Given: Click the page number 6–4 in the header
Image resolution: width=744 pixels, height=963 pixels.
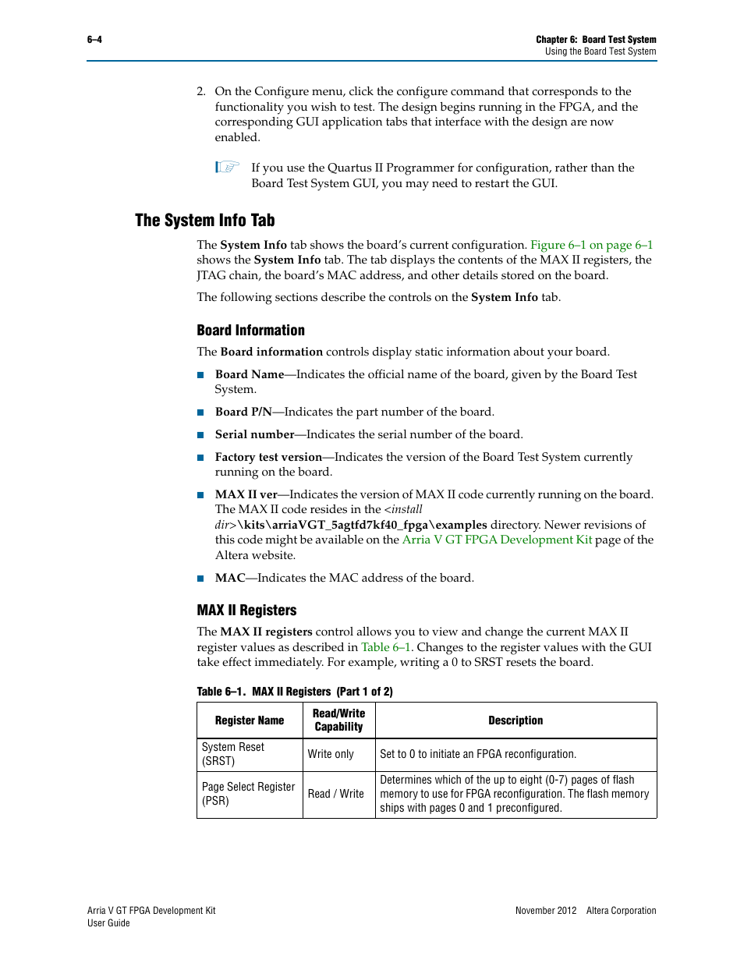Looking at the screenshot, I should click(x=94, y=40).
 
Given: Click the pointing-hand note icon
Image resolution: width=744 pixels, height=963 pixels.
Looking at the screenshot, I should click(x=227, y=167).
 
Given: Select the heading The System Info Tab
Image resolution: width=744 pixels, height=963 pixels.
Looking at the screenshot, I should click(x=204, y=221).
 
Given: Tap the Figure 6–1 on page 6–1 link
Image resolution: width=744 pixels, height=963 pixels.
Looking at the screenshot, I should click(x=591, y=245).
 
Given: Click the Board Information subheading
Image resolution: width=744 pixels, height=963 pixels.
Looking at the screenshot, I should click(x=250, y=331).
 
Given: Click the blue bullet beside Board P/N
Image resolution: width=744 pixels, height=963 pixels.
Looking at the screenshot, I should click(x=200, y=412).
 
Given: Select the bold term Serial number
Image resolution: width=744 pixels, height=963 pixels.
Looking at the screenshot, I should click(x=254, y=434).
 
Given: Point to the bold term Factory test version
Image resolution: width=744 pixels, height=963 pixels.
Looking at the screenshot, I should click(x=268, y=457).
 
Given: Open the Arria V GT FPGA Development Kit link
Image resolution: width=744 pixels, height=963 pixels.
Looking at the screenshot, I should click(x=497, y=540).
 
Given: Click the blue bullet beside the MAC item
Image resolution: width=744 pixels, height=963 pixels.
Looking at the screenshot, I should click(x=200, y=579).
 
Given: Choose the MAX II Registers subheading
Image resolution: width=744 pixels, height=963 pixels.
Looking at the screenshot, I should click(x=246, y=611).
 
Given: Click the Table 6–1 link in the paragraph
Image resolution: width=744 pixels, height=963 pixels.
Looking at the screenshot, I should click(x=385, y=647).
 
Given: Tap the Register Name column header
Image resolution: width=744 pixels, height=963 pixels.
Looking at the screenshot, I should click(x=250, y=720).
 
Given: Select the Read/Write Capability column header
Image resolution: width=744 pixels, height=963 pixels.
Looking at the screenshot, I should click(x=338, y=720).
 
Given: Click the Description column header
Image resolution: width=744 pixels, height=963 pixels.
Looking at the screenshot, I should click(x=515, y=720).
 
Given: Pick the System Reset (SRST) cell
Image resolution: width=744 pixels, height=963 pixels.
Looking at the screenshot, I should click(x=233, y=754).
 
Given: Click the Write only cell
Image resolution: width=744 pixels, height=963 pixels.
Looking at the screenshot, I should click(x=331, y=754).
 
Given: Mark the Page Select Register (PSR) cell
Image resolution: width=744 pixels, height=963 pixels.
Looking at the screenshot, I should click(x=248, y=794).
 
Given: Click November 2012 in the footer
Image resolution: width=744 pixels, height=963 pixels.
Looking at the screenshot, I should click(x=546, y=911).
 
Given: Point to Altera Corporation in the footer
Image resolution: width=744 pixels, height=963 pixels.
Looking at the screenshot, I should click(x=621, y=911).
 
